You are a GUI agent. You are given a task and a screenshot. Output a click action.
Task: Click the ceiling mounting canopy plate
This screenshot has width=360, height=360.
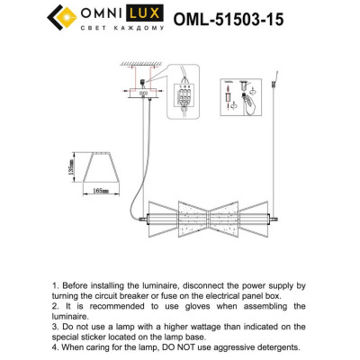click(x=142, y=92)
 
